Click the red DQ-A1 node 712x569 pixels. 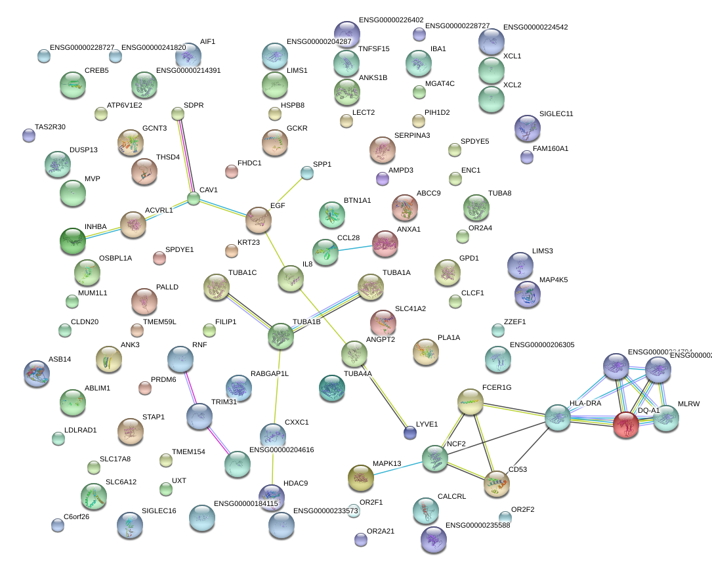pyautogui.click(x=626, y=425)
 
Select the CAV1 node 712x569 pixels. pyautogui.click(x=193, y=198)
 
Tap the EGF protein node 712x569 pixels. pyautogui.click(x=258, y=221)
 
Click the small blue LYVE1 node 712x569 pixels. pyautogui.click(x=410, y=432)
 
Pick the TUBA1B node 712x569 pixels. pyautogui.click(x=281, y=335)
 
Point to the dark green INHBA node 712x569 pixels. pyautogui.click(x=72, y=241)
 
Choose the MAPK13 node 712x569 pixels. pyautogui.click(x=360, y=478)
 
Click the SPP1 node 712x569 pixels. pyautogui.click(x=306, y=173)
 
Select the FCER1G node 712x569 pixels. pyautogui.click(x=470, y=402)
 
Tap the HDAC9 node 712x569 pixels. pyautogui.click(x=272, y=497)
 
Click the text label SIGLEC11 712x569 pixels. pyautogui.click(x=556, y=114)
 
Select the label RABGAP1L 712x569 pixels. pyautogui.click(x=269, y=373)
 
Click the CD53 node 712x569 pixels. pyautogui.click(x=496, y=484)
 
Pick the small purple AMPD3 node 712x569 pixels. pyautogui.click(x=383, y=178)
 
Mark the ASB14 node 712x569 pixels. pyautogui.click(x=36, y=373)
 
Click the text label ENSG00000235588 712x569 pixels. pyautogui.click(x=478, y=525)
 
